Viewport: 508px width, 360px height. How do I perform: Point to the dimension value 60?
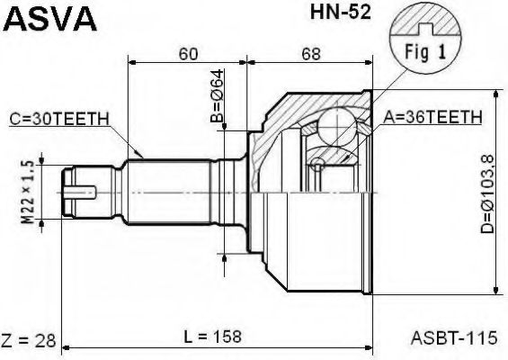(x=187, y=53)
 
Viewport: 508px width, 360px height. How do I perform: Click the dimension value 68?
(x=311, y=53)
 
